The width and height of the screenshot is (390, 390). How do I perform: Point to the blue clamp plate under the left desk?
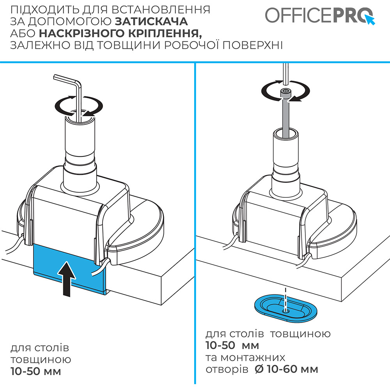click(51, 269)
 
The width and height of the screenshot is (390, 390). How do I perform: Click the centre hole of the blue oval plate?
click(286, 311)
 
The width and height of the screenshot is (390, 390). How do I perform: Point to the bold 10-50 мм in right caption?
click(232, 346)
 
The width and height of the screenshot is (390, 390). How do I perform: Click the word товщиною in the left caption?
click(41, 359)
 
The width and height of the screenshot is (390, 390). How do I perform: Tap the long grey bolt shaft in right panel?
click(286, 117)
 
